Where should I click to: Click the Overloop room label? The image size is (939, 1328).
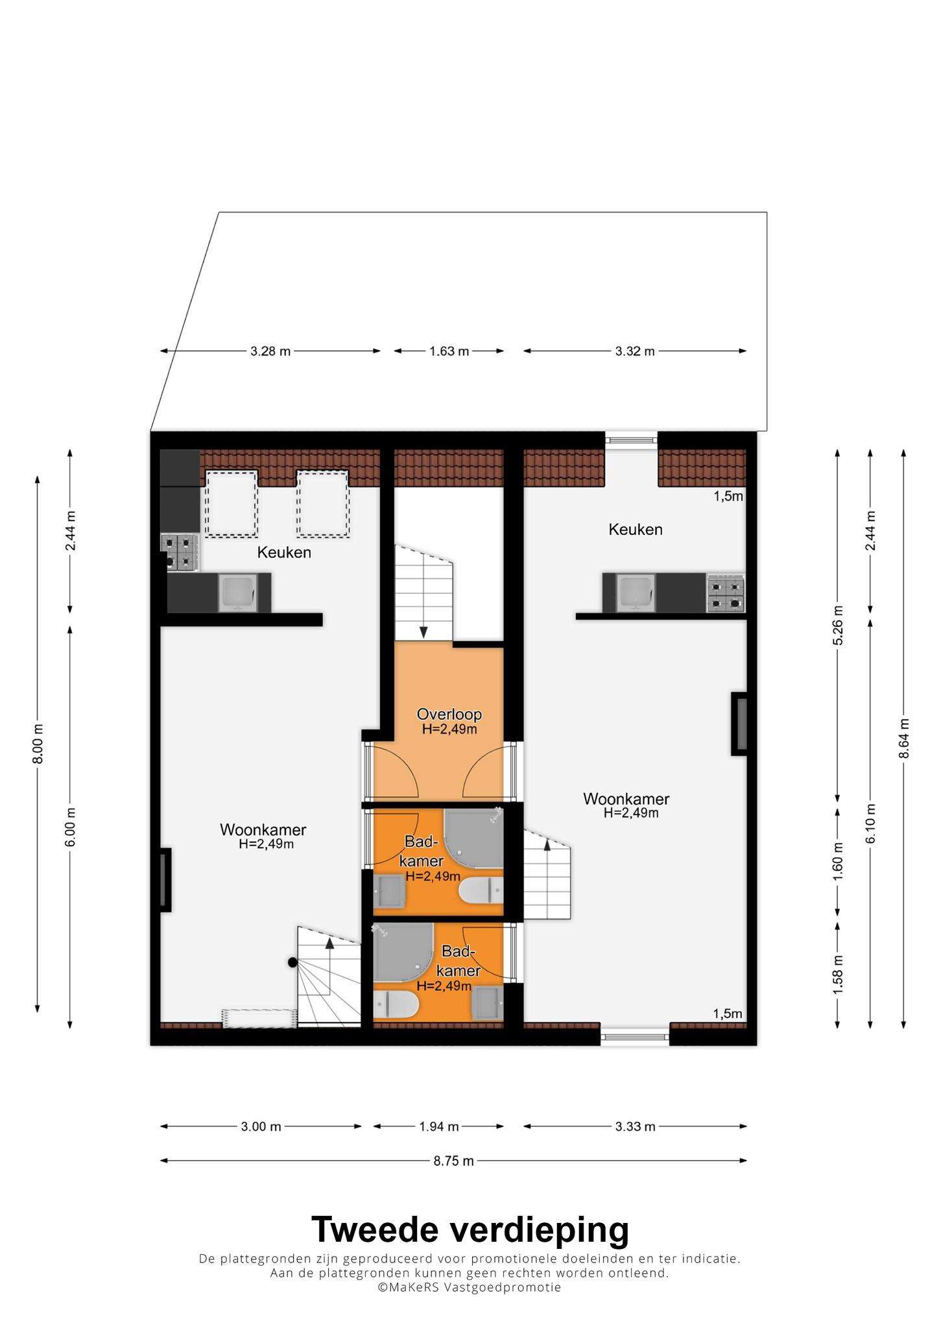(449, 714)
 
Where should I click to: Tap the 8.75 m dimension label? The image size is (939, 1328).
(454, 1161)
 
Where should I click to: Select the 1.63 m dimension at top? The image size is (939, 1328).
(449, 351)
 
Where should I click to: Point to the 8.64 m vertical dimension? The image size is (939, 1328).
(904, 738)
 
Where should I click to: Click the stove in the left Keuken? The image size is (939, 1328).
(180, 552)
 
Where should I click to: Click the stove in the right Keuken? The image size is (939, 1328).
(726, 593)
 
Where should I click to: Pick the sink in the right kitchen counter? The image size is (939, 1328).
(635, 593)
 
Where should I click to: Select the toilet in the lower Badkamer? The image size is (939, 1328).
(396, 1006)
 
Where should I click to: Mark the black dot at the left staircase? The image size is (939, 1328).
(292, 963)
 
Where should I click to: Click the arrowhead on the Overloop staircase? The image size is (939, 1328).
(423, 632)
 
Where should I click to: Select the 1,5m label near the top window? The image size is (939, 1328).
(728, 497)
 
